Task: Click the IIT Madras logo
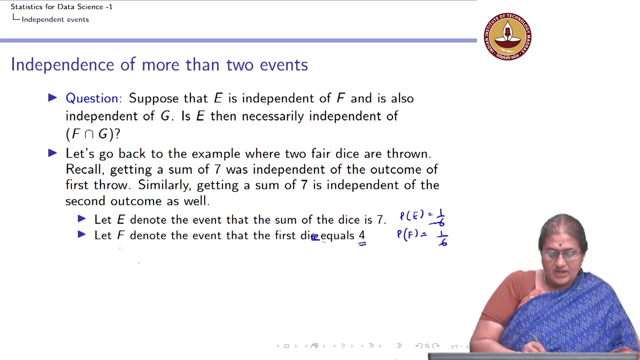[x=507, y=36]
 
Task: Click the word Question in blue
[x=92, y=98]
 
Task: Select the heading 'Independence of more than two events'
[x=159, y=65]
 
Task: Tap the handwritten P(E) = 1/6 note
[x=422, y=217]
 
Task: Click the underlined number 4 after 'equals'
[x=361, y=235]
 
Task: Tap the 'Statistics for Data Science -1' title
[x=61, y=6]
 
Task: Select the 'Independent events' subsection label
[x=55, y=19]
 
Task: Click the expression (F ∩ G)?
[x=93, y=134]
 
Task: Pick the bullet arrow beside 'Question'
[x=52, y=98]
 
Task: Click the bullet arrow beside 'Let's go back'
[x=52, y=153]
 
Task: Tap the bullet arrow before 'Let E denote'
[x=82, y=219]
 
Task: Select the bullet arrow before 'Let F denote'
[x=82, y=234]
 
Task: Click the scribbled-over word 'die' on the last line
[x=309, y=235]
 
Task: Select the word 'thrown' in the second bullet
[x=408, y=153]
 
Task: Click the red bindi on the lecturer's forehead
[x=560, y=245]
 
